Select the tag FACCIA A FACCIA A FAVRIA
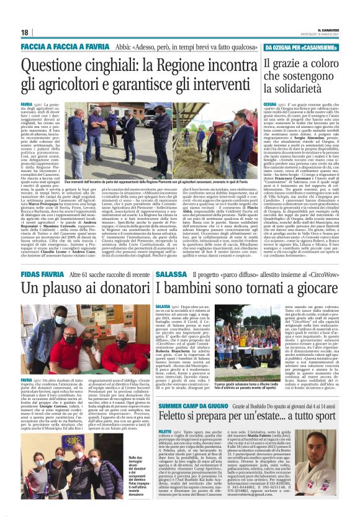click(x=61, y=47)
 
